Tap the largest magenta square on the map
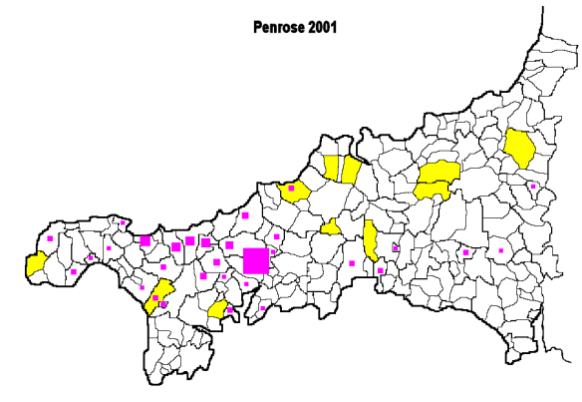[256, 260]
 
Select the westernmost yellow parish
[35, 264]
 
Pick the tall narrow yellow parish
[371, 240]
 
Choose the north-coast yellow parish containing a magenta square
[295, 190]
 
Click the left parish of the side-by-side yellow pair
[332, 168]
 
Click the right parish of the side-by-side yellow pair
[351, 169]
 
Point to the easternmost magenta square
[533, 187]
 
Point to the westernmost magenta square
[50, 238]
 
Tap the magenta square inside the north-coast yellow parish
[291, 188]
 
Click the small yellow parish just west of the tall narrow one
[331, 228]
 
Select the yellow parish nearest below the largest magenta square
[217, 310]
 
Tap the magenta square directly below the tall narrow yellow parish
[381, 270]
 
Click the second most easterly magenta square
[500, 250]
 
